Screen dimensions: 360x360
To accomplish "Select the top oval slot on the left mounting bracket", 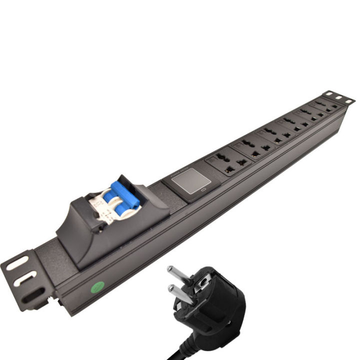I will (x=17, y=263).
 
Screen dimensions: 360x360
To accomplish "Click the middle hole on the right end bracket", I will (x=338, y=97).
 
